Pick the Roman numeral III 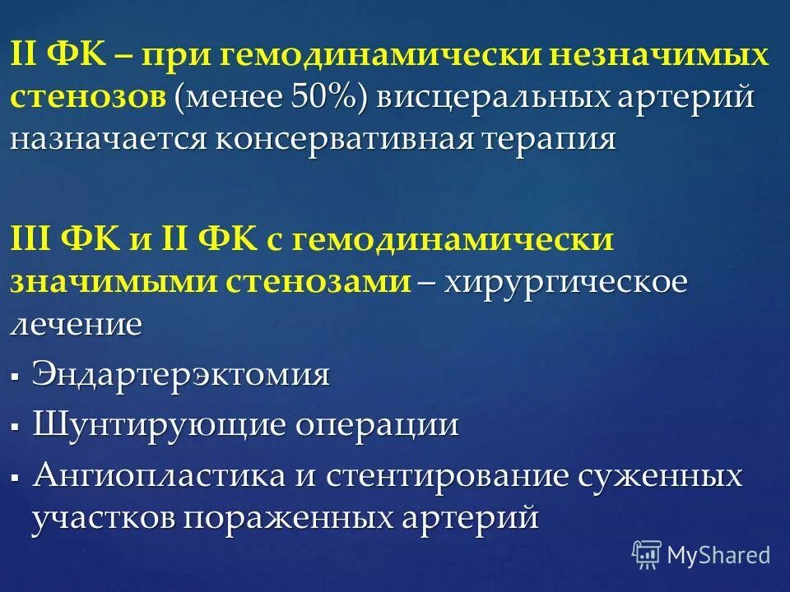31,240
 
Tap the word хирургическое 566,281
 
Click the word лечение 76,323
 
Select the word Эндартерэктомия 180,374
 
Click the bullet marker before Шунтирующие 16,428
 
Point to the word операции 365,425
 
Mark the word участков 105,517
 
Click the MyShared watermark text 718,555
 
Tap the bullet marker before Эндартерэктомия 16,377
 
